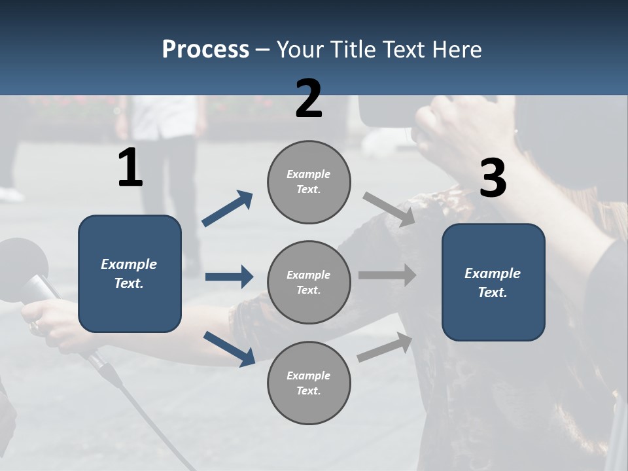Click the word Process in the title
point(205,49)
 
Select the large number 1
point(130,168)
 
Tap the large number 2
point(309,99)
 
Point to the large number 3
point(493,179)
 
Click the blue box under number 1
point(130,273)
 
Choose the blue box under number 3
point(493,282)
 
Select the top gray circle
point(309,182)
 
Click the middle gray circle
point(309,282)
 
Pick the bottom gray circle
point(309,383)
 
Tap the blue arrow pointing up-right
point(227,209)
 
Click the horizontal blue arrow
point(229,277)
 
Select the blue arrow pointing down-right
point(229,348)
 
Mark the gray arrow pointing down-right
point(389,209)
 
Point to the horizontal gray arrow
point(387,275)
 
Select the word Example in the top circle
point(309,174)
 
